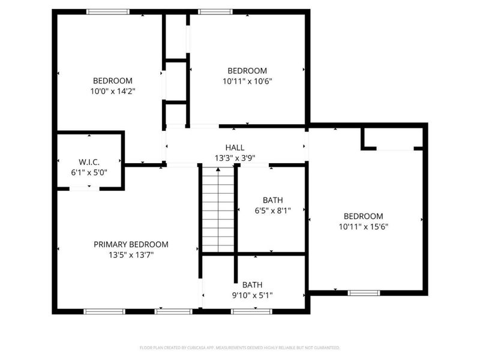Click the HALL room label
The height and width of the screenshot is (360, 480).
pos(235,148)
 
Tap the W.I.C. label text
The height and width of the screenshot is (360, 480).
pos(89,163)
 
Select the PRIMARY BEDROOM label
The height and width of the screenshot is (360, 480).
pos(131,244)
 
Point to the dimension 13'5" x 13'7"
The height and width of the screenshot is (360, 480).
pos(131,254)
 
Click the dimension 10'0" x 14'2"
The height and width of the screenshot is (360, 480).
pos(112,92)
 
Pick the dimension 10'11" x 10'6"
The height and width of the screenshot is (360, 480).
pos(247,81)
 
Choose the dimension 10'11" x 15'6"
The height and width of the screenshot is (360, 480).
pos(363,227)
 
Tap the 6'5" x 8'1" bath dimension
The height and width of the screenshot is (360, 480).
pos(272,211)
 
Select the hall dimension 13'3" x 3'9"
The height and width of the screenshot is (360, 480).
pos(235,158)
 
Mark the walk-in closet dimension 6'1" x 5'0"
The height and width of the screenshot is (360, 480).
pos(89,173)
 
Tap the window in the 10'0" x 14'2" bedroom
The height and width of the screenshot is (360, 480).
pos(108,11)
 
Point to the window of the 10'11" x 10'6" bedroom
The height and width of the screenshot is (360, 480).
pos(215,11)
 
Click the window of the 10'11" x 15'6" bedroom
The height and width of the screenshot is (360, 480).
pos(364,293)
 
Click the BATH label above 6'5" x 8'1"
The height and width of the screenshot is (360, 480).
pos(272,200)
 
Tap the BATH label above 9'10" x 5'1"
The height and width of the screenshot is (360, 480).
pos(252,285)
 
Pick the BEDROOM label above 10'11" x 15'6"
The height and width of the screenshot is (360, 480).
pos(363,217)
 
